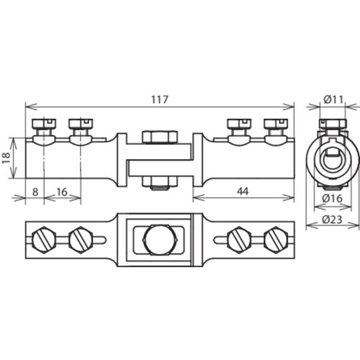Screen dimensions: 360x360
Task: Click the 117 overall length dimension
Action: (x=160, y=99)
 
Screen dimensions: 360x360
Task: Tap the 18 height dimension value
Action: (x=6, y=158)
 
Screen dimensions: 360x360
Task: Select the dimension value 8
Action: (x=35, y=192)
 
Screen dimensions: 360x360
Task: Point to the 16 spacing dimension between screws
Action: (x=62, y=192)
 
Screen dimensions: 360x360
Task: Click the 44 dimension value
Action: (x=243, y=192)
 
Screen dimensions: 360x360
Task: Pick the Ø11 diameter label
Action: (x=333, y=99)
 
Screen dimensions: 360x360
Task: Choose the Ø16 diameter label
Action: (x=332, y=198)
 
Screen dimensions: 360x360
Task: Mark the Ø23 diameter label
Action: (x=332, y=220)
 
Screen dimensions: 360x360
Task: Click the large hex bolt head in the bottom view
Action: (x=160, y=240)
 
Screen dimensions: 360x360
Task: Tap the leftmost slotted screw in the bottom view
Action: (x=44, y=240)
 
